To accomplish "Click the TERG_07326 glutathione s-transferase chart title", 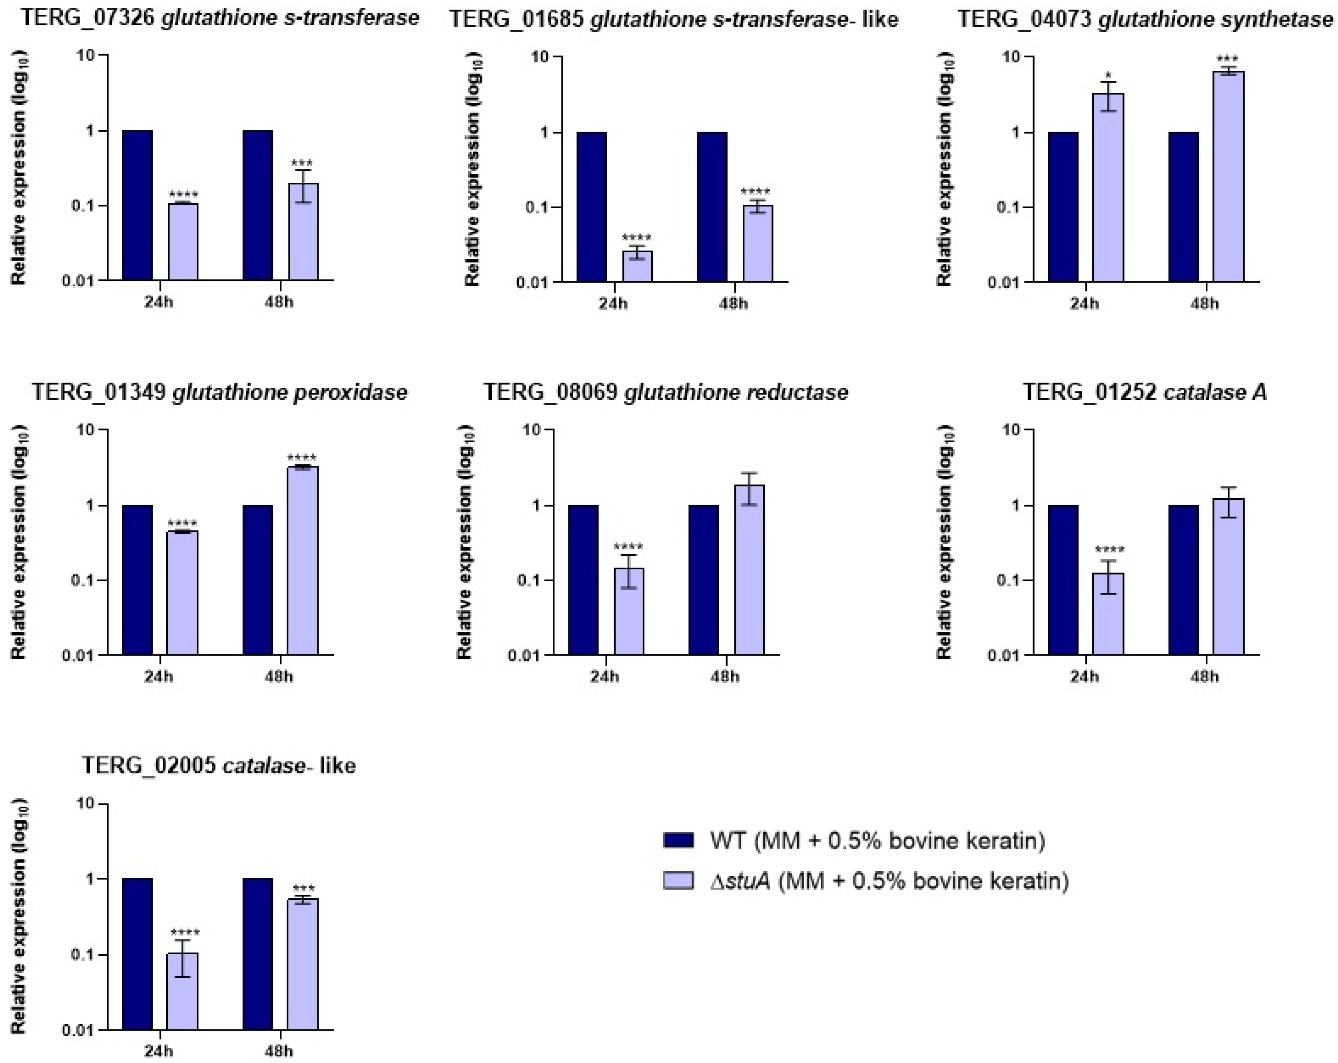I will tap(220, 18).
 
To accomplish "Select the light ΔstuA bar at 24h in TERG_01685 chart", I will tap(637, 266).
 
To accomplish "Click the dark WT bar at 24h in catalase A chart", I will tap(1063, 580).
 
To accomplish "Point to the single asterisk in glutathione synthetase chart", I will tap(1109, 76).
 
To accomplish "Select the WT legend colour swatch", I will tap(678, 840).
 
